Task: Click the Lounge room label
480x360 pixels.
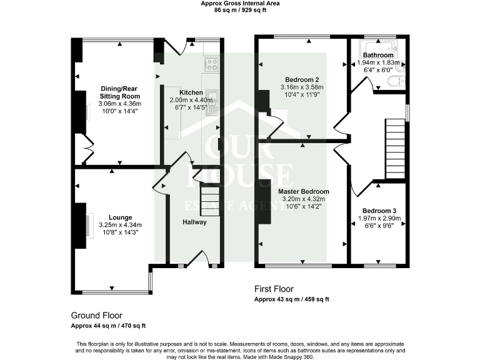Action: click(119, 217)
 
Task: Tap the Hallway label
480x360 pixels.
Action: click(194, 222)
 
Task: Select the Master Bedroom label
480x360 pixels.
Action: click(305, 191)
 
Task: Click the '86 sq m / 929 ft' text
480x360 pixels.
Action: click(240, 11)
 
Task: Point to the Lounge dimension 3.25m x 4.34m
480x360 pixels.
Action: click(119, 225)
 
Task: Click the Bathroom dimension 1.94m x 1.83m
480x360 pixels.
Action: click(377, 62)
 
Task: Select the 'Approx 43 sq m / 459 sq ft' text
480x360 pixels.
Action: click(291, 299)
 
